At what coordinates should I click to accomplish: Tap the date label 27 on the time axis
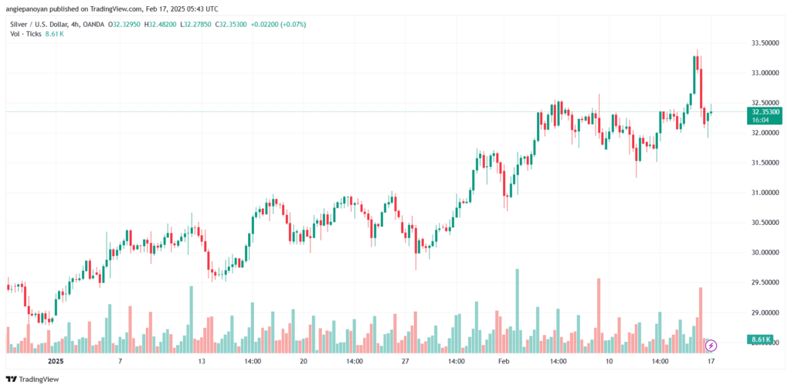[x=405, y=360]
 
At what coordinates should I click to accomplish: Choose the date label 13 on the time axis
[x=202, y=360]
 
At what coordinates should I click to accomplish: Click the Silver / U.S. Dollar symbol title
[x=37, y=25]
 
